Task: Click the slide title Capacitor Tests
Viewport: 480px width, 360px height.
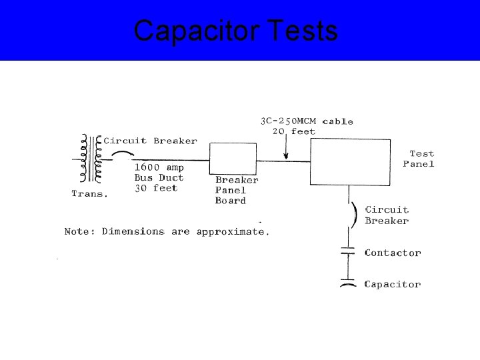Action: (235, 31)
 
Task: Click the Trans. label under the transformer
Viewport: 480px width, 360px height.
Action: (89, 194)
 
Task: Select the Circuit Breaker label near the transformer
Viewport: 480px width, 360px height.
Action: (151, 141)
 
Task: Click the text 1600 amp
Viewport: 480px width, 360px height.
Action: (159, 168)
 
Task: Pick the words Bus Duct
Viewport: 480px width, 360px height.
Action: (159, 178)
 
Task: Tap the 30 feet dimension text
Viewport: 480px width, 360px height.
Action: (156, 188)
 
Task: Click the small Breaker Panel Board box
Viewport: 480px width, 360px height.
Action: (233, 159)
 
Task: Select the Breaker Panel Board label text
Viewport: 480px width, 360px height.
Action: (236, 190)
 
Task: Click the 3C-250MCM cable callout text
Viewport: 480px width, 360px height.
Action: (306, 121)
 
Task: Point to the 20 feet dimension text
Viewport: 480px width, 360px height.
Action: (294, 131)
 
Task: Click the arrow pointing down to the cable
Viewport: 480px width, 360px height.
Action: (285, 149)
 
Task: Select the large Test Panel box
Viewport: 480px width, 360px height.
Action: (349, 162)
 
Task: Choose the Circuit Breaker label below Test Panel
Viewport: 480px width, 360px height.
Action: (387, 215)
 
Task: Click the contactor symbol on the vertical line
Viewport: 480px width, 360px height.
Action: (348, 252)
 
